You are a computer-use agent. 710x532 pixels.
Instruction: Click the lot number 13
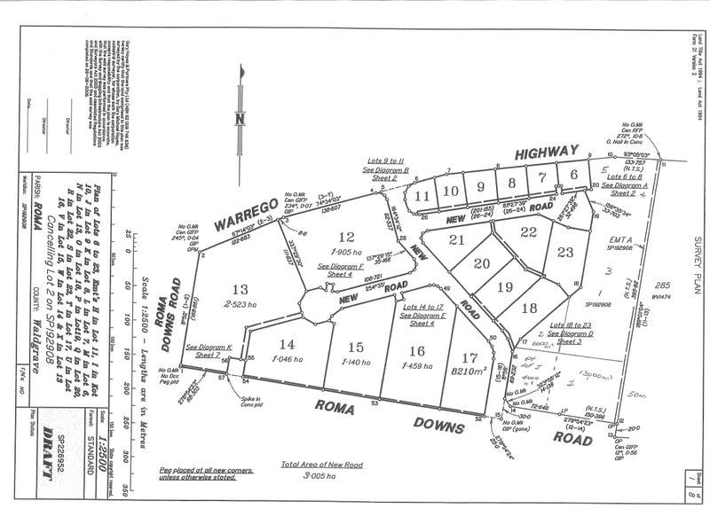[239, 289]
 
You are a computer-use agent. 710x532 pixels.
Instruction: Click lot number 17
[469, 357]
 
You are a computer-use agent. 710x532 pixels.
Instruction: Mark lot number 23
[565, 251]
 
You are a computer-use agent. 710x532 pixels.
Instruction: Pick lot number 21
[458, 240]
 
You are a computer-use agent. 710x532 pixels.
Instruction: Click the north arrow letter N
[239, 120]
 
